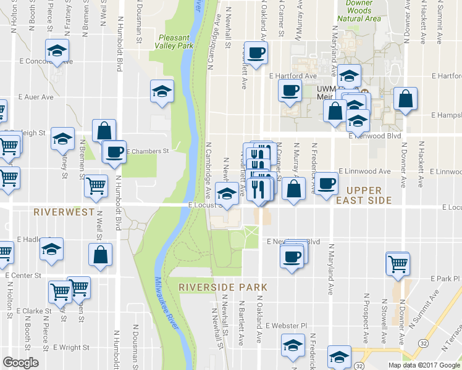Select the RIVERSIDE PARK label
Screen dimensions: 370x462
click(223, 287)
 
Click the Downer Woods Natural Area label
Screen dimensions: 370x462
click(359, 10)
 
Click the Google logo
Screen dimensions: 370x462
click(20, 363)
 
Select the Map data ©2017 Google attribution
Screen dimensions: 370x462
click(424, 364)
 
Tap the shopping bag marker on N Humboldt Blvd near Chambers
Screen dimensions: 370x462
click(104, 130)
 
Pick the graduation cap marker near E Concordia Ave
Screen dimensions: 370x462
click(57, 51)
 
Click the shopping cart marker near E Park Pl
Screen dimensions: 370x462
click(398, 263)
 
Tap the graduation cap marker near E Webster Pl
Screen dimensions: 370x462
click(293, 345)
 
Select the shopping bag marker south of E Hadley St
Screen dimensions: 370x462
click(101, 255)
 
